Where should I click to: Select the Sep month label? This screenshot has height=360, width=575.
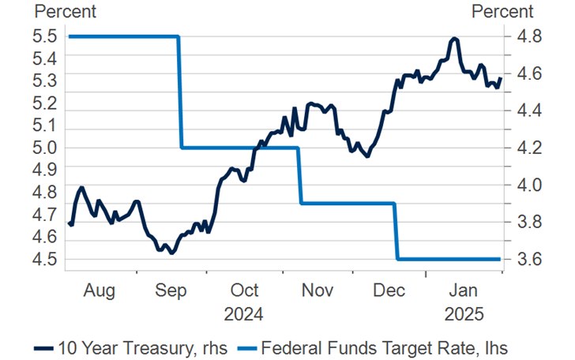point(171,291)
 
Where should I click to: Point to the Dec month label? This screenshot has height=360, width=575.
point(389,291)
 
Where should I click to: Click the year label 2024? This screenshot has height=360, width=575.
point(243,314)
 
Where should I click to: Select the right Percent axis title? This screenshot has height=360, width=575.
point(502,12)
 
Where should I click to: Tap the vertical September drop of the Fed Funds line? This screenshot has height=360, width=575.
point(179,92)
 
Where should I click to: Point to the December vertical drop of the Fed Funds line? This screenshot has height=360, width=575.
point(396,231)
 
